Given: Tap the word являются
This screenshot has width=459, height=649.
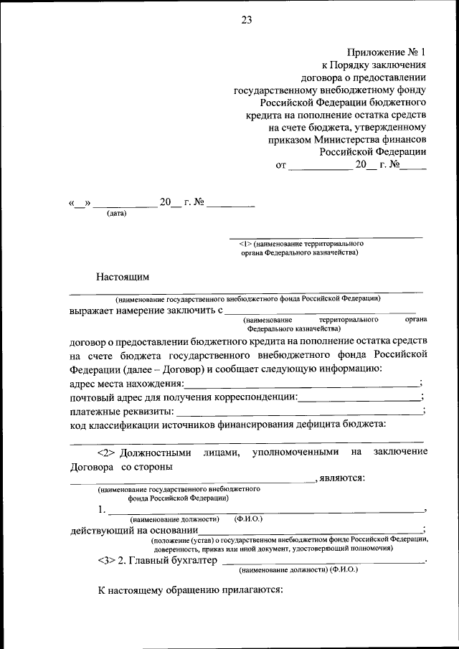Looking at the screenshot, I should pyautogui.click(x=343, y=478).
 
